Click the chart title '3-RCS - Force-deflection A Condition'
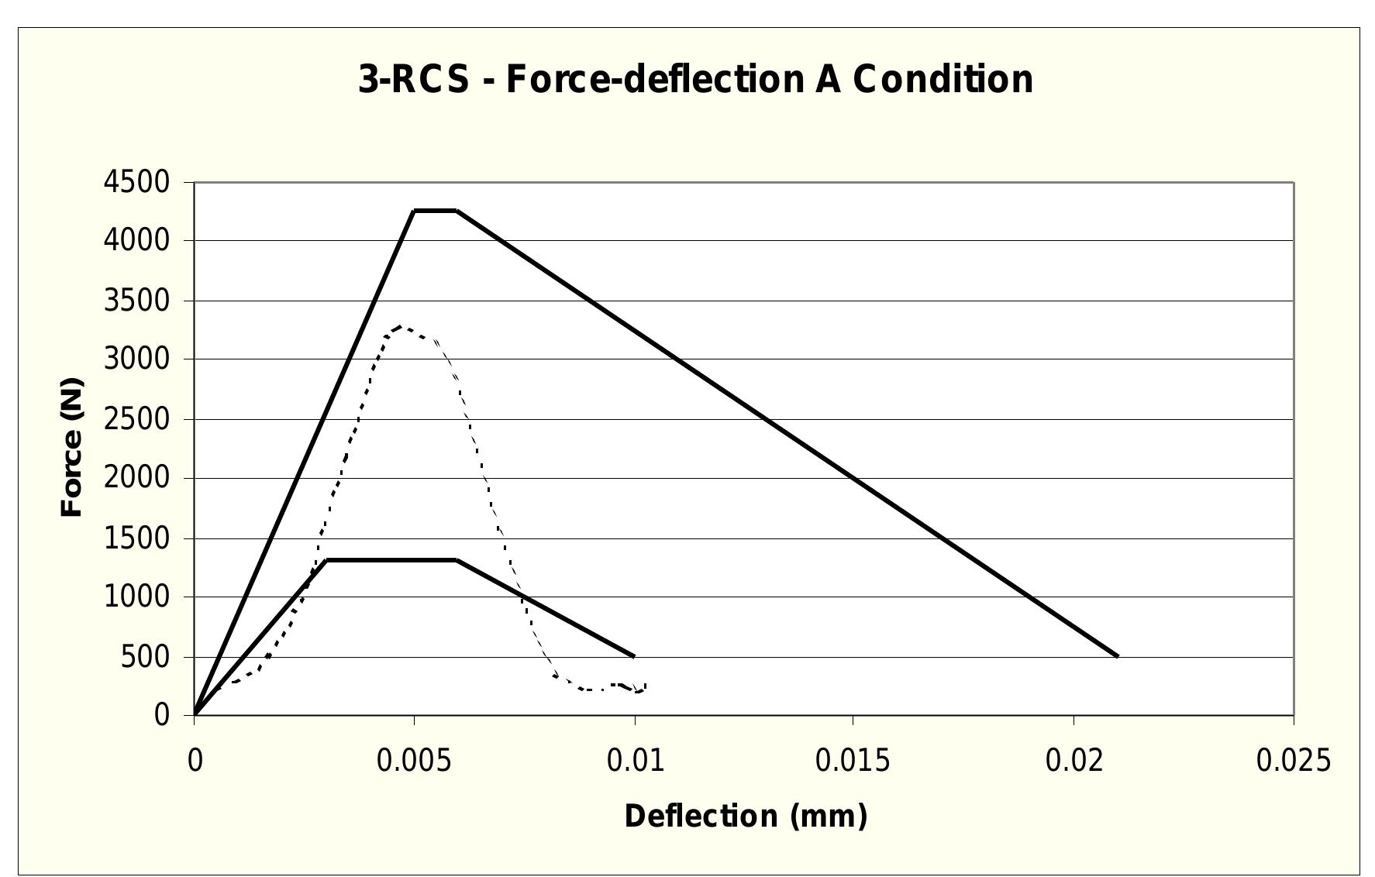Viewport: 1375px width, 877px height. (x=695, y=80)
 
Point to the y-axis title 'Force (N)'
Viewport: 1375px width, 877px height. (x=72, y=448)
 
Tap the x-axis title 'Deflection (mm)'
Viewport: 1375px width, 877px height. (x=746, y=816)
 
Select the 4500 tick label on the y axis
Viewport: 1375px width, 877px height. (x=136, y=182)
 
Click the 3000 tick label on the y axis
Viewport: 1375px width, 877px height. (x=136, y=359)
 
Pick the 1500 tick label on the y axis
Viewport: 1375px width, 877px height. (x=136, y=538)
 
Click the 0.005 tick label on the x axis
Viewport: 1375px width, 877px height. (x=414, y=762)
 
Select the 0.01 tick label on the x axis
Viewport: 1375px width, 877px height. (x=635, y=762)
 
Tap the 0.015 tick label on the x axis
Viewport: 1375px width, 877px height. (x=853, y=762)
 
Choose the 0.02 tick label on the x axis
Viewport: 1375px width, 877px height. (x=1073, y=762)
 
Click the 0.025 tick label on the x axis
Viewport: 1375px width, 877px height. (x=1293, y=762)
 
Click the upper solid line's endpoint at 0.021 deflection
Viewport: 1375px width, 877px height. (x=1118, y=656)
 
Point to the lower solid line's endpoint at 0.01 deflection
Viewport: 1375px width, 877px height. (x=635, y=656)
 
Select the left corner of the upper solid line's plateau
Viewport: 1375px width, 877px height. (x=415, y=210)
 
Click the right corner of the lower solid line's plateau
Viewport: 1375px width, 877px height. (x=457, y=559)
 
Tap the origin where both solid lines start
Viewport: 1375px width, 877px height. (x=195, y=714)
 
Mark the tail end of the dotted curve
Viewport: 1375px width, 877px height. (x=645, y=685)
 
